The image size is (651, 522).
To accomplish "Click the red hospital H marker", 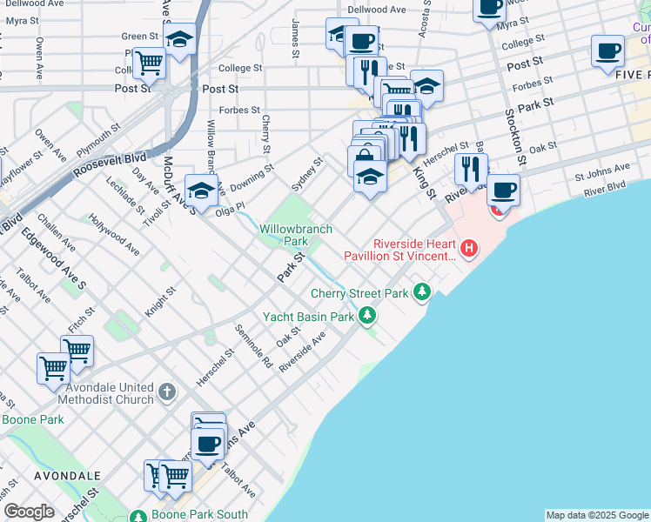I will coord(470,250).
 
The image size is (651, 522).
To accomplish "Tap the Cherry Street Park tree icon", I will coord(422,291).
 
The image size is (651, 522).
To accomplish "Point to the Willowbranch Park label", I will coord(296,235).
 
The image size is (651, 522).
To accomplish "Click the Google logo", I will coord(29,511).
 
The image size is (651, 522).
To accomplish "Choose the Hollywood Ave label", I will coord(114,235).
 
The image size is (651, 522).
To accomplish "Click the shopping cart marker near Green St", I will coord(150,63).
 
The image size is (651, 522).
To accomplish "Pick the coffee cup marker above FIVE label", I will coord(607,51).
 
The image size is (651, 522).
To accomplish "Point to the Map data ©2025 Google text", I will coord(596,515).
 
